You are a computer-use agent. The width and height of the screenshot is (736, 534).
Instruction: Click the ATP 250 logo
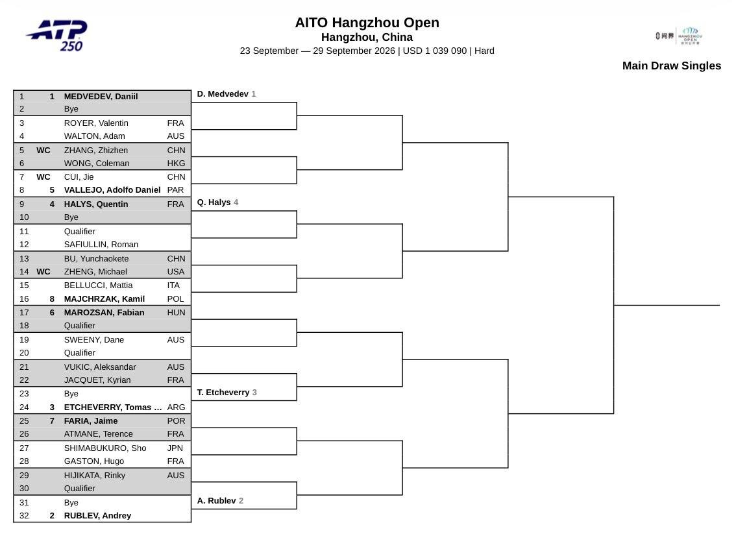(x=57, y=35)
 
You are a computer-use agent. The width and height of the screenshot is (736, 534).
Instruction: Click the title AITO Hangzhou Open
(x=367, y=23)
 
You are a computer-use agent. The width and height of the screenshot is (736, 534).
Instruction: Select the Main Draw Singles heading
(x=671, y=66)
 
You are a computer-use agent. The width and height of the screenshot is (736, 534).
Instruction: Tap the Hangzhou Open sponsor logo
(x=679, y=36)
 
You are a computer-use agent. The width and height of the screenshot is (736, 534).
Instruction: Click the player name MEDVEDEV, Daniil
(x=101, y=97)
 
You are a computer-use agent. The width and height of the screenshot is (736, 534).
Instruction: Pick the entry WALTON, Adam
(x=94, y=136)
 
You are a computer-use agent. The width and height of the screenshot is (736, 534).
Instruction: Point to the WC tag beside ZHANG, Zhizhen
(x=43, y=150)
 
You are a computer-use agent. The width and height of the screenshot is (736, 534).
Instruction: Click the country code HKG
(x=176, y=164)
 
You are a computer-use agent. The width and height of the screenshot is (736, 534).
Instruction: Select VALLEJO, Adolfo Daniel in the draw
(x=112, y=190)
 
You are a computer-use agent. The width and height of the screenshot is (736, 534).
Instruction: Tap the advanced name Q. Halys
(x=214, y=202)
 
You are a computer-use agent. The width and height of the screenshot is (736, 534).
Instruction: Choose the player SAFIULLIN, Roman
(x=101, y=245)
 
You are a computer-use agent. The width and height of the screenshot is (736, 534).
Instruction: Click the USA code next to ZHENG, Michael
(x=175, y=272)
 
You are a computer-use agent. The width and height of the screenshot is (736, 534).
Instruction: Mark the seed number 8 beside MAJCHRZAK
(x=52, y=299)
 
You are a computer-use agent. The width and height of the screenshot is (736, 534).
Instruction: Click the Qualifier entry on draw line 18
(x=79, y=326)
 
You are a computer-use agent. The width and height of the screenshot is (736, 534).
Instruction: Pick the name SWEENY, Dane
(x=94, y=340)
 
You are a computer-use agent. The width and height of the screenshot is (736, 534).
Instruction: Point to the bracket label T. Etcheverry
(x=223, y=393)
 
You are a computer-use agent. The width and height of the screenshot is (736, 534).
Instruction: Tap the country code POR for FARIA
(x=176, y=421)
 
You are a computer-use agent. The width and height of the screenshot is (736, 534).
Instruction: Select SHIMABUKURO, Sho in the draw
(x=105, y=448)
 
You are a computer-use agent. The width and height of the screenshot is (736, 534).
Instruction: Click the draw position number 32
(x=24, y=516)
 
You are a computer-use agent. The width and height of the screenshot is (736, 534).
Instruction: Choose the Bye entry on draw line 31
(x=71, y=503)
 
